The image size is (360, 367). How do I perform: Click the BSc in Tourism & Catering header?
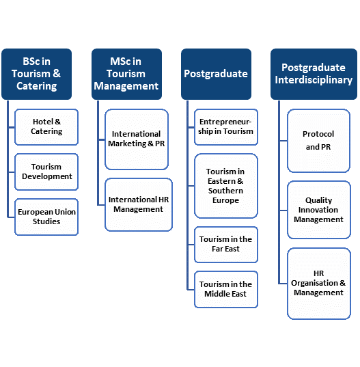36,74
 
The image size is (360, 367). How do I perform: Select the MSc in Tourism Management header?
126,74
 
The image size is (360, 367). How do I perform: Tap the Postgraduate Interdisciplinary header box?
314,74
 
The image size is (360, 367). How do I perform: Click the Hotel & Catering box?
46,127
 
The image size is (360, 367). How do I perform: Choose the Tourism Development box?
46,172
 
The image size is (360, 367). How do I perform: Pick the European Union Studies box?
46,217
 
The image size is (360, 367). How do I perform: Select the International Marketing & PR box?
137,139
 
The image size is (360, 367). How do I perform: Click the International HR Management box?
139,204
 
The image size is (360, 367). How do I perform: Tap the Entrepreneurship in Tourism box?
226,127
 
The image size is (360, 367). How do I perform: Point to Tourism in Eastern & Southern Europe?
226,186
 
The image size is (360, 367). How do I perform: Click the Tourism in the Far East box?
226,245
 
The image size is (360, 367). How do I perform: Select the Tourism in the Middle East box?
226,290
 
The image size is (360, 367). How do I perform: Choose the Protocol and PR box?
318,141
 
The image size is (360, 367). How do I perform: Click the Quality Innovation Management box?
319,210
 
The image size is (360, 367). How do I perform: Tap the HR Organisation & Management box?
319,284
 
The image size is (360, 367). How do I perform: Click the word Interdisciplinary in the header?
314,80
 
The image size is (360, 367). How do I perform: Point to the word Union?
64,212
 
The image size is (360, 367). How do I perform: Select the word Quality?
318,201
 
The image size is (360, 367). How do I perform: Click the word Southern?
225,191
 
